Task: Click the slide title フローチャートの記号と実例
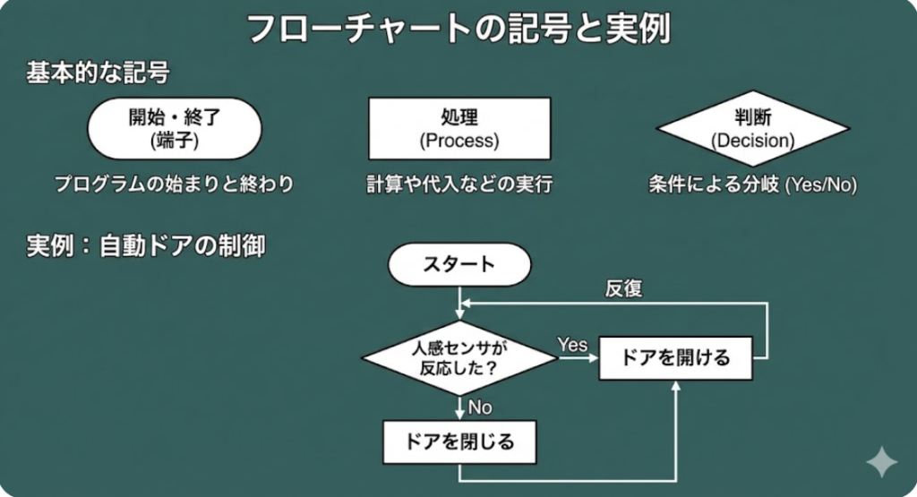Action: [x=458, y=29]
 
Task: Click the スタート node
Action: [x=459, y=264]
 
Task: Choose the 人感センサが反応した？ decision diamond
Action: [x=459, y=357]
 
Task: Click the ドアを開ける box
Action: [x=676, y=358]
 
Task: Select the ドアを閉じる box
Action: [x=459, y=441]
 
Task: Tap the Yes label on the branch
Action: [x=572, y=345]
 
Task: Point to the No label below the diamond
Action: [x=480, y=407]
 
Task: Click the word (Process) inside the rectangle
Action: [x=459, y=141]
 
